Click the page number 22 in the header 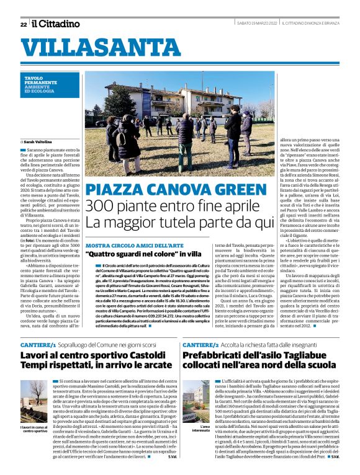pyautogui.click(x=24, y=24)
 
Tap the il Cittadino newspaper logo pyautogui.click(x=56, y=24)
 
